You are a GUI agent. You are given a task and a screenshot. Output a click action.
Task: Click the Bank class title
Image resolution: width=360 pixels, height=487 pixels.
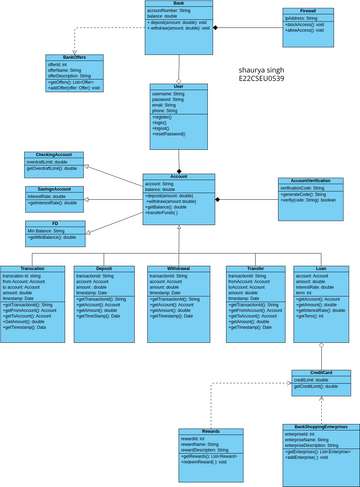177,5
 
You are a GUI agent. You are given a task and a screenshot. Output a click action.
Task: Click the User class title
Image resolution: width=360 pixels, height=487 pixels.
178,87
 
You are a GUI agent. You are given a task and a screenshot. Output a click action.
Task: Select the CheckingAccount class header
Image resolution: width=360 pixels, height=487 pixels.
54,155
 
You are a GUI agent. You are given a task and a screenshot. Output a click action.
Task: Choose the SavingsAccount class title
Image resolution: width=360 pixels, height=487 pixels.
54,188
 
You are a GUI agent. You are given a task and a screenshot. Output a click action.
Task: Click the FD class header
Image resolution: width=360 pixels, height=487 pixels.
54,223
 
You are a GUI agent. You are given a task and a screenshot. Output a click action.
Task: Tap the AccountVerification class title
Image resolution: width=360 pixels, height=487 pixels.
303,181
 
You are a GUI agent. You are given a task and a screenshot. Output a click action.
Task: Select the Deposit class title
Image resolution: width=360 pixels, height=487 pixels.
104,269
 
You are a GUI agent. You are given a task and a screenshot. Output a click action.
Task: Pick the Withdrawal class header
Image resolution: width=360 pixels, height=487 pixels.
177,269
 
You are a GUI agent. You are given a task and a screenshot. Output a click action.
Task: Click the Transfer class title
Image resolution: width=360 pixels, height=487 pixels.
255,269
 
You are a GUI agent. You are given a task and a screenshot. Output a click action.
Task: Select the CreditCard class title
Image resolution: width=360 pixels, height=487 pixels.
320,372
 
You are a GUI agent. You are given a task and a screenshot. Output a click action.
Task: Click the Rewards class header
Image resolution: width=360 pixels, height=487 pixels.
211,430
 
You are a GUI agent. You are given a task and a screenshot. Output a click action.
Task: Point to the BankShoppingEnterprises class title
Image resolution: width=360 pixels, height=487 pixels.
315,426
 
